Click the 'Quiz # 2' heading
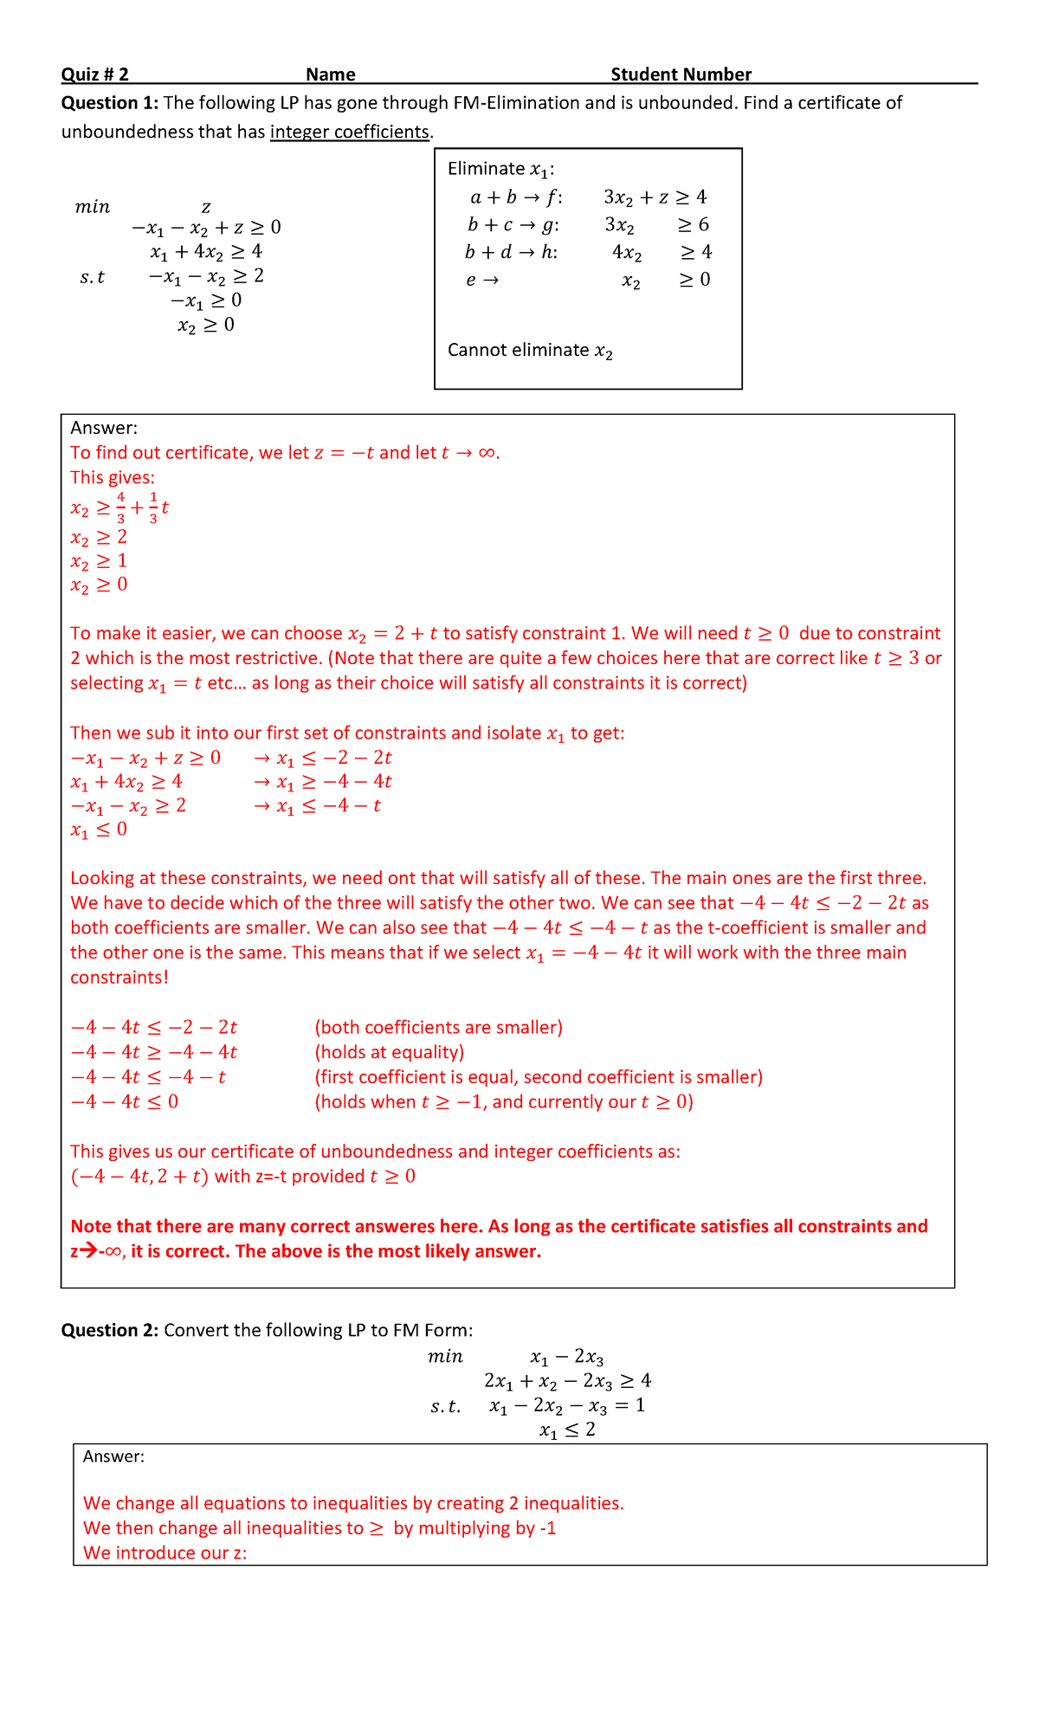(94, 74)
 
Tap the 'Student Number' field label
(681, 74)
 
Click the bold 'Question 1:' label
(109, 103)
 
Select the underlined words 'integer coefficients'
(350, 132)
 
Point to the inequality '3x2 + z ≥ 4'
(655, 197)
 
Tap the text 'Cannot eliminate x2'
(530, 351)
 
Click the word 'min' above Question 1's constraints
(93, 207)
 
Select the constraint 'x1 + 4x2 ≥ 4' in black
(206, 252)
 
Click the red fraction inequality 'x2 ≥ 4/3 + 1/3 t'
(119, 507)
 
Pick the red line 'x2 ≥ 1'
(99, 561)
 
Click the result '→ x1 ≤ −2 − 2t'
(322, 758)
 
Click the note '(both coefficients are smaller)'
(438, 1027)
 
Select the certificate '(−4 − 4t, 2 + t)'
(139, 1177)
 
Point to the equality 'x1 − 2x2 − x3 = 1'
(566, 1405)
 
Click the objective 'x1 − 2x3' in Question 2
(566, 1357)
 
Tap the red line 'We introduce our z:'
(165, 1553)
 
